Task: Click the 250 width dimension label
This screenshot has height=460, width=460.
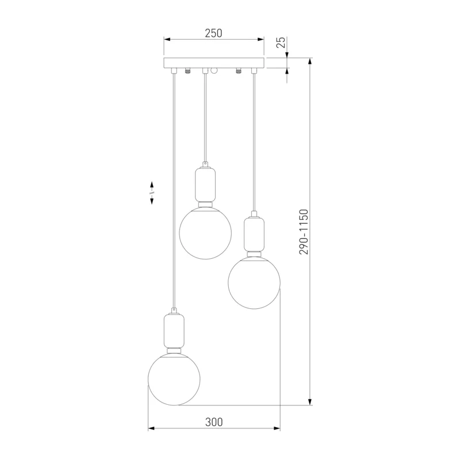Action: [213, 33]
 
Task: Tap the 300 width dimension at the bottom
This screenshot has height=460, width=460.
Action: [214, 422]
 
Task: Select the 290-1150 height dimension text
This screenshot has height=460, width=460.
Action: [304, 232]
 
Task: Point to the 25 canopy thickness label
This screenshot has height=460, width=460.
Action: [281, 43]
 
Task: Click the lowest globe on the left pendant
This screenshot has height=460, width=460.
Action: [174, 379]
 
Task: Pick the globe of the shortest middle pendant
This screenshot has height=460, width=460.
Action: [205, 233]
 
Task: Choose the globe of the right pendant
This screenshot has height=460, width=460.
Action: [254, 283]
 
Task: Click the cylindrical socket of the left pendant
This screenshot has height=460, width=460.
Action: [174, 330]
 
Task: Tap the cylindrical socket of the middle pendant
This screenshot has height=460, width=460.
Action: [205, 184]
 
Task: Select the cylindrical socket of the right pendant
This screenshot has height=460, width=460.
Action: [254, 234]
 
